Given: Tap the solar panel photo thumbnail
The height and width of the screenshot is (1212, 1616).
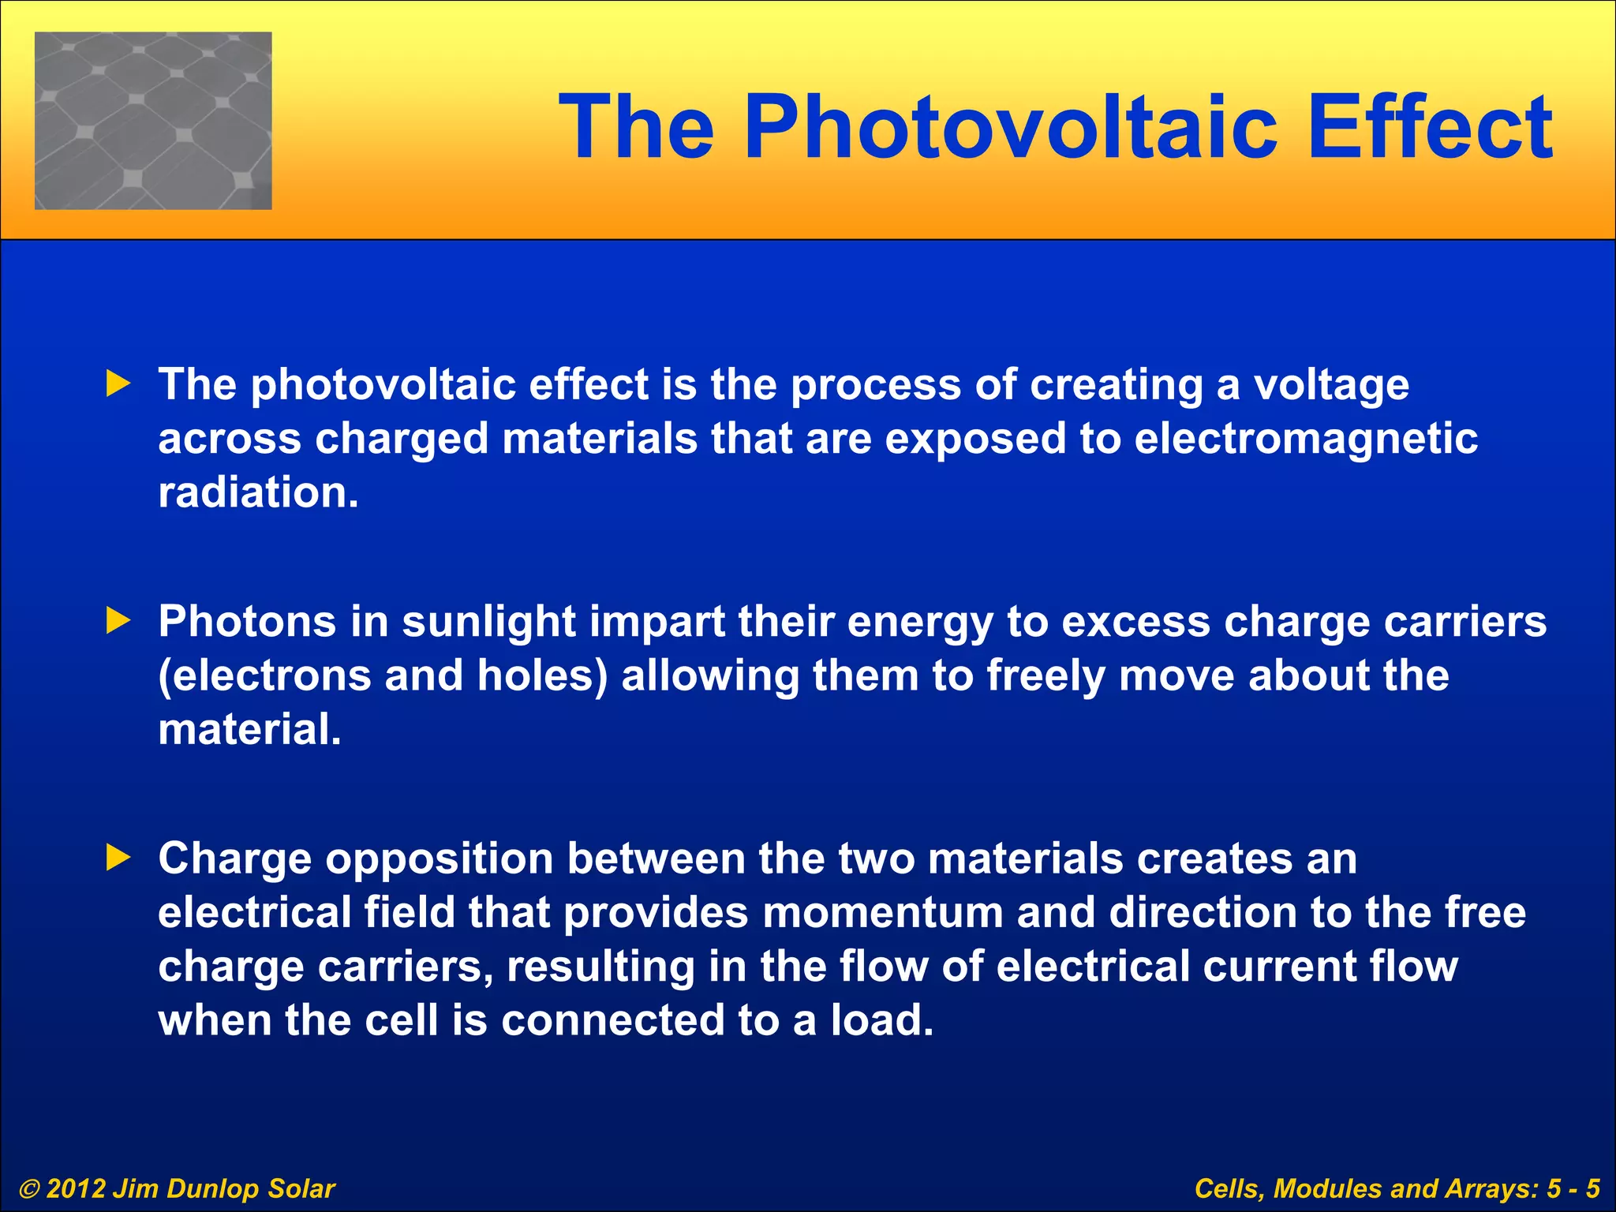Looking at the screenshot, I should [153, 121].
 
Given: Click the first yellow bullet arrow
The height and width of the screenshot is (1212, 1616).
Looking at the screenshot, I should [118, 384].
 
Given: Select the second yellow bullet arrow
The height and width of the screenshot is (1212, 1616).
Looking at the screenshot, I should [118, 621].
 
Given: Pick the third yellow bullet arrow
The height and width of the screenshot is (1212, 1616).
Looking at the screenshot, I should [118, 858].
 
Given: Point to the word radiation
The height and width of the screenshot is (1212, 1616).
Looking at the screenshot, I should [258, 492].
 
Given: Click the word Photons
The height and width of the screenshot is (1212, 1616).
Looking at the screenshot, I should [247, 621].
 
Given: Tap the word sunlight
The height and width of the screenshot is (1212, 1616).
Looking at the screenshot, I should [488, 621].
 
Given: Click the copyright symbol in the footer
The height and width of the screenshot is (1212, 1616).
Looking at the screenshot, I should [29, 1189].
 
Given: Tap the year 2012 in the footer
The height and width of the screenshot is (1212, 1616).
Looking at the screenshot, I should [75, 1189].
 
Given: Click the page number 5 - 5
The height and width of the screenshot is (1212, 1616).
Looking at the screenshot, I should [1573, 1189].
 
